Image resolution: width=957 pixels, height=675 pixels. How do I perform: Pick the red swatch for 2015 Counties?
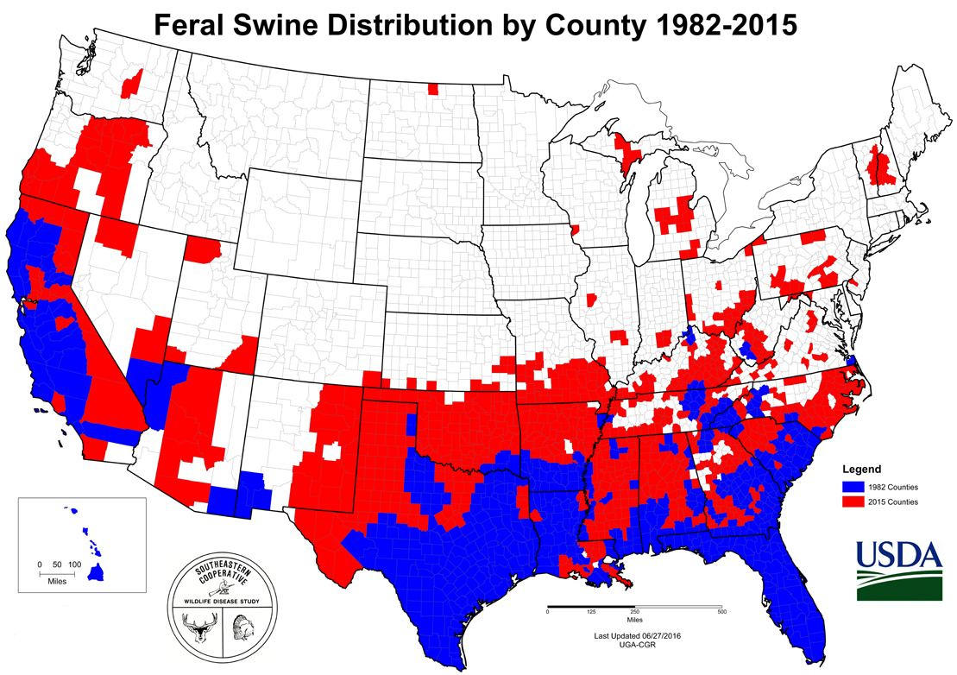coord(853,501)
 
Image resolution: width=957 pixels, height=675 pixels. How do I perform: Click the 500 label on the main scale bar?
coord(721,612)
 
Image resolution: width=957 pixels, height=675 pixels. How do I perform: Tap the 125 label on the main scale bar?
coord(591,612)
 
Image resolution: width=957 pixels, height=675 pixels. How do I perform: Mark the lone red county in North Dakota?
coord(432,88)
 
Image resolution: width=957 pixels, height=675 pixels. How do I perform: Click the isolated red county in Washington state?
coord(133,84)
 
